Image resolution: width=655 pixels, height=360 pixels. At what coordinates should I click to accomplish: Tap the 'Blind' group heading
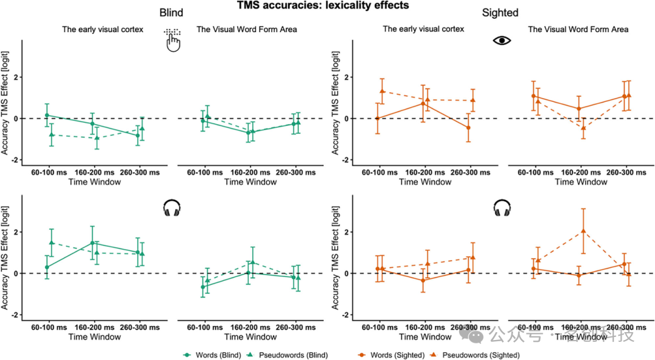[171, 13]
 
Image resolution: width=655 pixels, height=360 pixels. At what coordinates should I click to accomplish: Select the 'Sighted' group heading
[500, 13]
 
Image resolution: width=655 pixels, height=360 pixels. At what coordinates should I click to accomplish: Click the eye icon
[502, 41]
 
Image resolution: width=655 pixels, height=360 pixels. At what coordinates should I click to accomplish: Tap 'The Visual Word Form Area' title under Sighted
[578, 29]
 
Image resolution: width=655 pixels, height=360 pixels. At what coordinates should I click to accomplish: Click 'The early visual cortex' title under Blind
[102, 29]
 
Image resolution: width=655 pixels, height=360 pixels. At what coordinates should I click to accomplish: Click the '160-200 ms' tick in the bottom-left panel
[93, 327]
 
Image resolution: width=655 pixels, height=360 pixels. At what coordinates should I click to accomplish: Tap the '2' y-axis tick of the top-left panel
[15, 78]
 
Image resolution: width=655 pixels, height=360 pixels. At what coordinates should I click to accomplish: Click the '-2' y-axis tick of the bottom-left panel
[14, 315]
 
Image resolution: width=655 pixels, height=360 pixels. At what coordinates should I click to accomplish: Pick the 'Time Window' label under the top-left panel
[93, 182]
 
